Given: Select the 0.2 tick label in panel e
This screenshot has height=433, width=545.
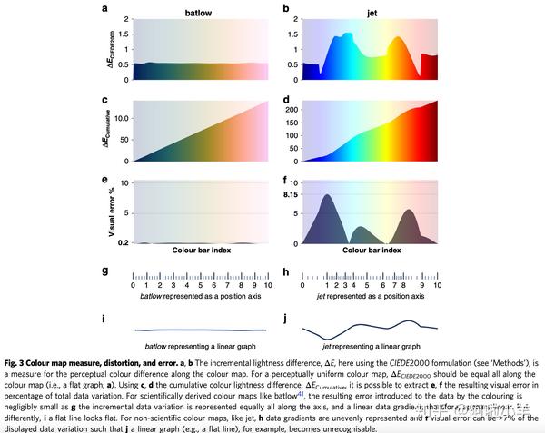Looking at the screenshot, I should point(123,243).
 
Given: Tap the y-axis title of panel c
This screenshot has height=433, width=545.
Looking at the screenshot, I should point(107,130).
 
